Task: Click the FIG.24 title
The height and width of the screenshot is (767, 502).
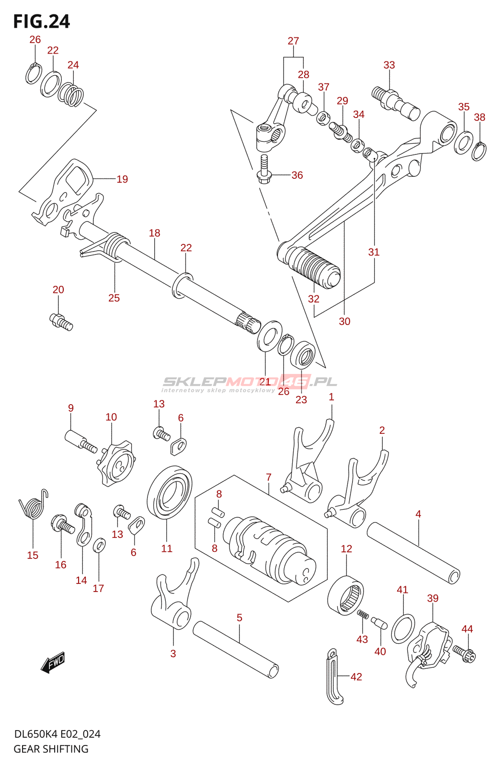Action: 42,22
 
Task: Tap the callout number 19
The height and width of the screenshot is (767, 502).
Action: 122,179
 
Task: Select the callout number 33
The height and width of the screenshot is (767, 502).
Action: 389,65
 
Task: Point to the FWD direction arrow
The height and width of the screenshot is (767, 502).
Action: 53,662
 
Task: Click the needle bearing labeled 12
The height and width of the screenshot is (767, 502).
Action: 346,596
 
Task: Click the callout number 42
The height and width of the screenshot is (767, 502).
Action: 356,677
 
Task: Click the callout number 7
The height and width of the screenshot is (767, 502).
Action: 269,477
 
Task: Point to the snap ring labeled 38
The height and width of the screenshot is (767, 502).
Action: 479,151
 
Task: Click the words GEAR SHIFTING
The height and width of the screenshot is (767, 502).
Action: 51,749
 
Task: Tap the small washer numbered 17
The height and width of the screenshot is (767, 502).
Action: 99,545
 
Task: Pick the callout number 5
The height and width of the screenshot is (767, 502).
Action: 240,618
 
